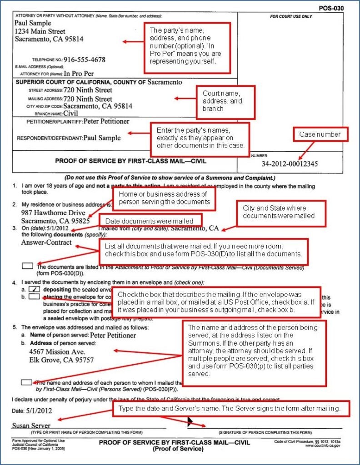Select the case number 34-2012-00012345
(290, 163)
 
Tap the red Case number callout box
(323, 134)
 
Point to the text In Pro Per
(80, 73)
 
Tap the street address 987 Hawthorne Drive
(50, 213)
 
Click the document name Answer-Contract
(46, 242)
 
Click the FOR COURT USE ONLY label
(291, 16)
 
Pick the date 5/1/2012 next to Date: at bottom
(39, 411)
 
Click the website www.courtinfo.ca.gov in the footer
(324, 445)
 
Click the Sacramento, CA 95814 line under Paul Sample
(49, 39)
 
